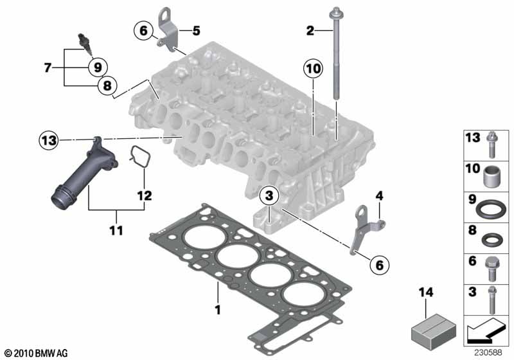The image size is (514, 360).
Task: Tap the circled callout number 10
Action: point(312,68)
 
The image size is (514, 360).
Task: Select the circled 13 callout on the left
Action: point(48,139)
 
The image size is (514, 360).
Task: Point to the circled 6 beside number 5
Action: point(143,30)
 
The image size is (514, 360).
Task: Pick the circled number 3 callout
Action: point(269,195)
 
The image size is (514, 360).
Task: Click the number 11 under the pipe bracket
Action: point(116,228)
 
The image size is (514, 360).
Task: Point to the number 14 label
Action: point(423,293)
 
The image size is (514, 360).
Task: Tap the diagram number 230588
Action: point(492,352)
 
